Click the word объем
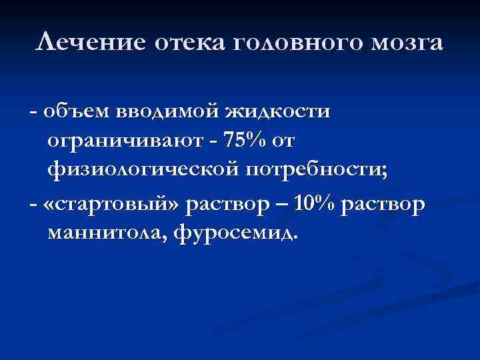click(x=73, y=111)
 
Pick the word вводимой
click(x=167, y=111)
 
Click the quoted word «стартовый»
click(x=111, y=203)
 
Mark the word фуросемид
click(x=244, y=234)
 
